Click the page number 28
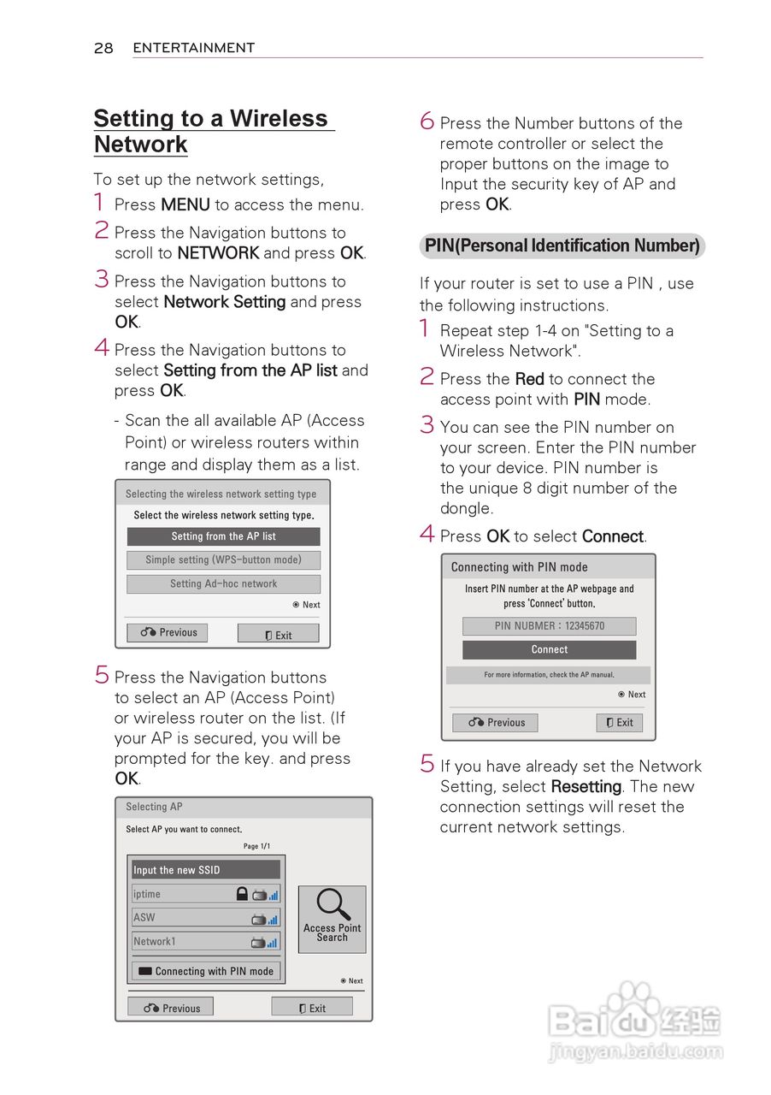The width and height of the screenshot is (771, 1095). tap(103, 48)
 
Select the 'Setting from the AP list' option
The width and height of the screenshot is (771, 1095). tap(223, 536)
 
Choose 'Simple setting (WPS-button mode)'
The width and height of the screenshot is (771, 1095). tap(223, 560)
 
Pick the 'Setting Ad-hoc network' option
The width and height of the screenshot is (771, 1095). tap(223, 584)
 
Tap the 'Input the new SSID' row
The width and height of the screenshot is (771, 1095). tap(205, 870)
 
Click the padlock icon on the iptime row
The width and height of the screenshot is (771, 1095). tap(242, 894)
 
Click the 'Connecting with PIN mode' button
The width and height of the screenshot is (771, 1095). tap(206, 972)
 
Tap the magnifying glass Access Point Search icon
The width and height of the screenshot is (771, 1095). tap(332, 905)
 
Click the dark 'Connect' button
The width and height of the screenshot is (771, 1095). tap(549, 650)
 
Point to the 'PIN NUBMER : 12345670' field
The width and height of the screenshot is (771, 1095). tap(549, 626)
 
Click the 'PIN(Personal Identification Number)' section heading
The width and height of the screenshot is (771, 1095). tap(562, 246)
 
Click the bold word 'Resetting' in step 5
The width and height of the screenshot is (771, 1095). tap(586, 787)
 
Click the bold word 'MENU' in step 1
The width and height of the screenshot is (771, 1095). tap(185, 205)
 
